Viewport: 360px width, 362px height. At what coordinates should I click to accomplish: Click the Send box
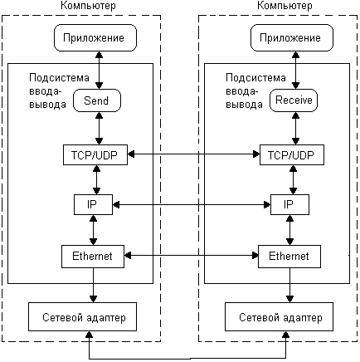click(x=97, y=100)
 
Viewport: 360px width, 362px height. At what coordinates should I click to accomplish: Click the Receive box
click(x=294, y=100)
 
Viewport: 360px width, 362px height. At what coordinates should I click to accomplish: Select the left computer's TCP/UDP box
click(x=95, y=154)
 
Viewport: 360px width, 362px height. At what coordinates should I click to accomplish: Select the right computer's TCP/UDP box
click(x=292, y=154)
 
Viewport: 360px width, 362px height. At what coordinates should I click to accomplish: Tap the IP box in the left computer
click(x=93, y=204)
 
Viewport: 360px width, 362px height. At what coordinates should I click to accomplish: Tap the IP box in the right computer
click(x=289, y=204)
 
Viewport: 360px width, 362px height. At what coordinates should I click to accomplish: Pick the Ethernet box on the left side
click(x=93, y=257)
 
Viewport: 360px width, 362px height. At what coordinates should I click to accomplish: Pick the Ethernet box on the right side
click(x=289, y=257)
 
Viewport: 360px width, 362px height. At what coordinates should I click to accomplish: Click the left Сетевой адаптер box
click(x=82, y=316)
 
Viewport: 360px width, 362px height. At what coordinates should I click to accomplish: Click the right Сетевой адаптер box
click(x=279, y=316)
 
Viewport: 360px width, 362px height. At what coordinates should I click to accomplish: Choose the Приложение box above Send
click(x=95, y=37)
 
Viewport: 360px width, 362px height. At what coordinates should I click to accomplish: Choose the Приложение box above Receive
click(x=292, y=37)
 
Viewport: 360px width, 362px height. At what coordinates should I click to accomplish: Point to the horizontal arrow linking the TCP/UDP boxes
click(x=193, y=154)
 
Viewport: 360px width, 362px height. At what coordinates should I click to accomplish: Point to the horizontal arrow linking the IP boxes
click(x=192, y=205)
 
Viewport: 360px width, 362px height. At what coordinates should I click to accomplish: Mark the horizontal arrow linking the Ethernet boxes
click(x=191, y=256)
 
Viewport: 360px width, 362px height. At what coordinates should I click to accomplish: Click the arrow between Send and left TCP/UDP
click(x=99, y=128)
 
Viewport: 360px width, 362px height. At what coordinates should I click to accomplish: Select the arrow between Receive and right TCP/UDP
click(x=295, y=128)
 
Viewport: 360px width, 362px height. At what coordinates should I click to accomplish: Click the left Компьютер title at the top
click(x=88, y=6)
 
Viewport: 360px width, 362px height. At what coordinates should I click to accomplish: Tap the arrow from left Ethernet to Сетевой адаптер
click(x=93, y=285)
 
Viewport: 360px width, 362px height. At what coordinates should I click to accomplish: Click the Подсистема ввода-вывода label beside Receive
click(x=255, y=91)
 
